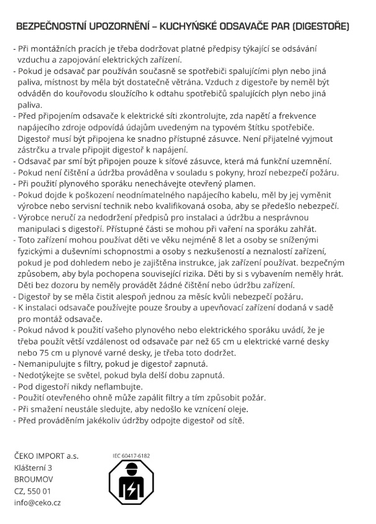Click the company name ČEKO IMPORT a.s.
click(x=46, y=456)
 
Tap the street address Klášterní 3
click(x=34, y=468)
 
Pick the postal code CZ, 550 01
click(x=32, y=491)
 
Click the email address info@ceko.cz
click(x=37, y=502)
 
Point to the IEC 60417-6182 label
click(x=131, y=456)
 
